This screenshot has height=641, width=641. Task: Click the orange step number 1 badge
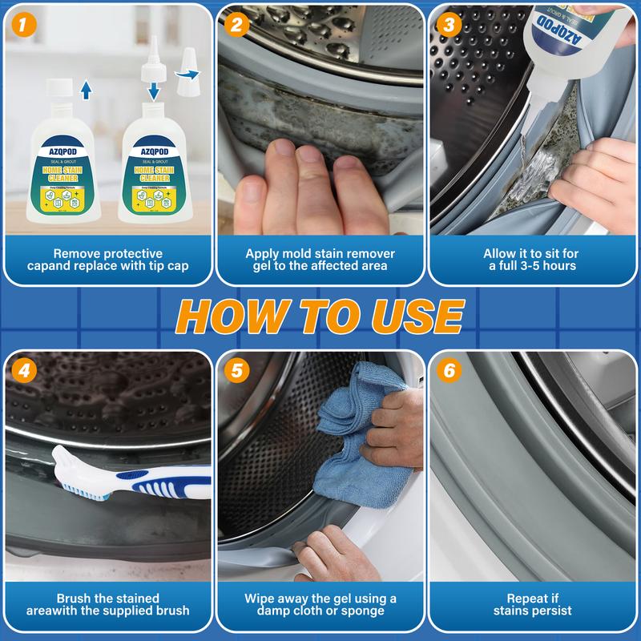coord(24,25)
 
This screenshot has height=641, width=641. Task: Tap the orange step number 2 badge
coord(236,25)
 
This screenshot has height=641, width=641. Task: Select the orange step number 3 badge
coord(448,25)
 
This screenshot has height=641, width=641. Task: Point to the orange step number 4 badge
coord(24,371)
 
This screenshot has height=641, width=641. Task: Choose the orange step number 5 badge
coord(236,371)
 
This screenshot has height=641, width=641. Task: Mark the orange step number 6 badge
coord(448,371)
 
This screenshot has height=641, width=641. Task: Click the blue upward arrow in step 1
coord(87,87)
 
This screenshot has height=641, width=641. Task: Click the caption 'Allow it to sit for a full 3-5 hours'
coord(533,260)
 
